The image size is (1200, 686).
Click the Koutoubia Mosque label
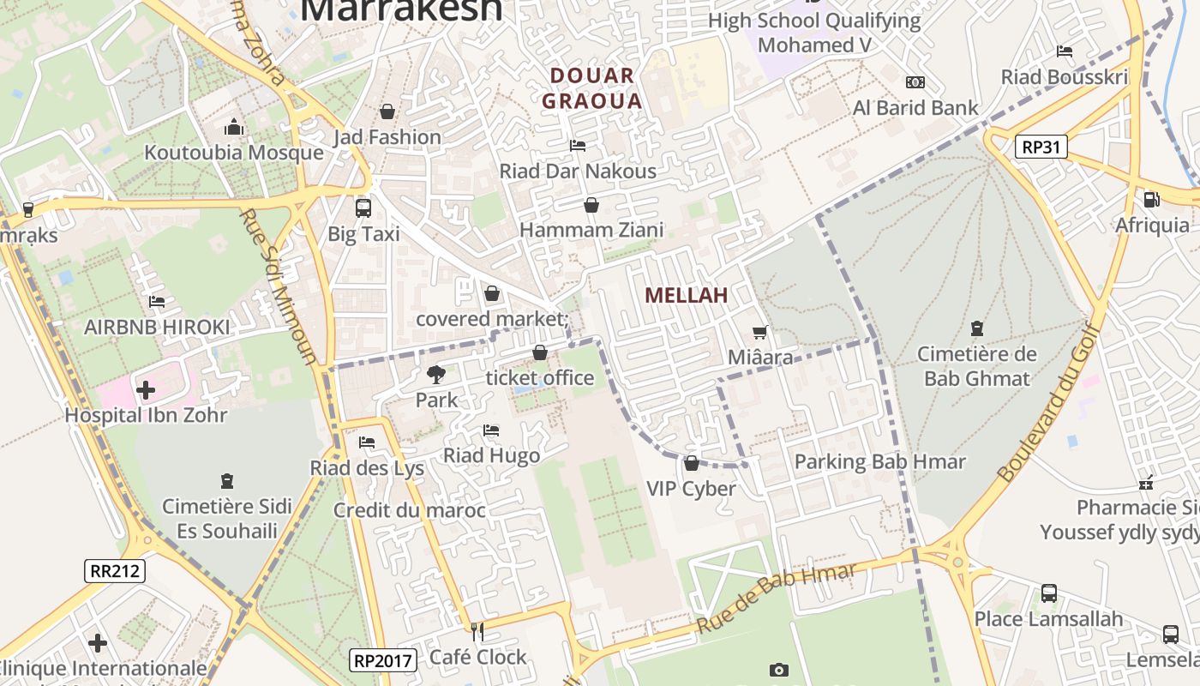click(234, 153)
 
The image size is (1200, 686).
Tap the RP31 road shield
click(1041, 147)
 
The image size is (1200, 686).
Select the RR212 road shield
click(115, 571)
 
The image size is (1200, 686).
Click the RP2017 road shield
click(384, 659)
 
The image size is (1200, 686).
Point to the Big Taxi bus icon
click(363, 208)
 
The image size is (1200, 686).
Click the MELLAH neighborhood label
click(686, 295)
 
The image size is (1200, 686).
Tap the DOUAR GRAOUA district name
click(592, 88)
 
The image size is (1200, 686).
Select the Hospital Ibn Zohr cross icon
click(146, 390)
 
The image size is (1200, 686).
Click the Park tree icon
click(436, 375)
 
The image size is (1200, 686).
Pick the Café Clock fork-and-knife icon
click(477, 632)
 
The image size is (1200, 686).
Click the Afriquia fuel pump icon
click(1151, 200)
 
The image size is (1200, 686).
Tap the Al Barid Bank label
click(915, 108)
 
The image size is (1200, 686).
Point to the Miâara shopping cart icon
click(759, 332)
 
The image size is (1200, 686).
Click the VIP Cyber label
click(691, 489)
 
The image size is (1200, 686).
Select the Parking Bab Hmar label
click(879, 461)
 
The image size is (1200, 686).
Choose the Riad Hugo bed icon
click(491, 430)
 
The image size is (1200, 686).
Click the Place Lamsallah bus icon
click(1048, 593)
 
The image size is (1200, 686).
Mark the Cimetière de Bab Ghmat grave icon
click(976, 328)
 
